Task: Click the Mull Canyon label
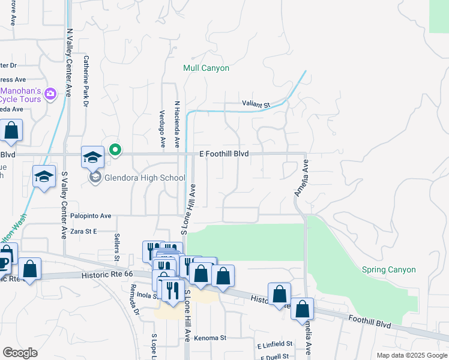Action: [x=206, y=68]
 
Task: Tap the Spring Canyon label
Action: [x=388, y=270]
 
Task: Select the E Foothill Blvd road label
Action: [x=224, y=154]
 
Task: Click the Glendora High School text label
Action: [x=145, y=178]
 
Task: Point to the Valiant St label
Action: [x=256, y=104]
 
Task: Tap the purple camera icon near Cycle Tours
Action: [x=50, y=93]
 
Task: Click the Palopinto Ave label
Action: [x=89, y=216]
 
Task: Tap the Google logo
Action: [x=20, y=353]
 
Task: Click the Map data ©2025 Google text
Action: [x=412, y=355]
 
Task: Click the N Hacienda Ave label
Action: [x=177, y=124]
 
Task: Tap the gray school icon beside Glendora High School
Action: [x=95, y=177]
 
